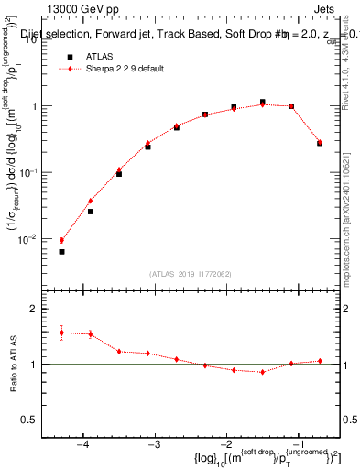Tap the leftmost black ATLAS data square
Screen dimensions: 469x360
pyautogui.click(x=61, y=251)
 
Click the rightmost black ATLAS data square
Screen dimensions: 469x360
pyautogui.click(x=320, y=143)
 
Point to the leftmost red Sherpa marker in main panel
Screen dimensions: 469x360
pyautogui.click(x=61, y=240)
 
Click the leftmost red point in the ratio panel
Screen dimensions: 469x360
pyautogui.click(x=61, y=333)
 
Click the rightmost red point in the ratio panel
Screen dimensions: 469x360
pyautogui.click(x=320, y=361)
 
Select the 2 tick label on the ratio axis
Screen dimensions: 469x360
pyautogui.click(x=41, y=310)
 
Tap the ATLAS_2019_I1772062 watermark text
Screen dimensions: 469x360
pyautogui.click(x=188, y=273)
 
